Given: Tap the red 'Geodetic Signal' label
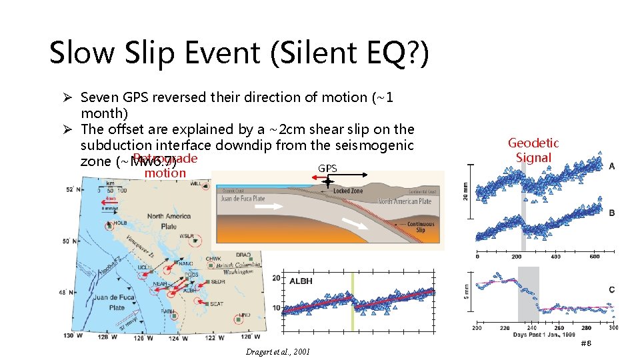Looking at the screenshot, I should click(x=533, y=150).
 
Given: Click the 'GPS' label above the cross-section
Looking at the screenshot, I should click(x=327, y=169).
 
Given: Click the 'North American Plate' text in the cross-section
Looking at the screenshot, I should click(x=405, y=201).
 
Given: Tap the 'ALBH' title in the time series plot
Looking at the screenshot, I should click(x=301, y=281).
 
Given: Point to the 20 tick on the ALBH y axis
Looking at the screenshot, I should click(x=277, y=278).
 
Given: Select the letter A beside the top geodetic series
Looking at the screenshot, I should click(x=612, y=166).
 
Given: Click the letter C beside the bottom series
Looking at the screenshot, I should click(x=612, y=289).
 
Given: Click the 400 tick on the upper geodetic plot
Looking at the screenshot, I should click(x=555, y=257).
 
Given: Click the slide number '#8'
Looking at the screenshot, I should click(x=586, y=343).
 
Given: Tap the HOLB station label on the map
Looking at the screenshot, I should click(x=121, y=223).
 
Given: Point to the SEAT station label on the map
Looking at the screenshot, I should click(x=217, y=304).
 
